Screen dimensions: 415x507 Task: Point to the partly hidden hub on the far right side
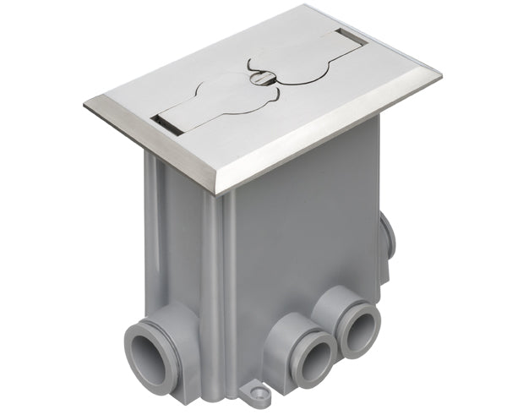pos(388,238)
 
